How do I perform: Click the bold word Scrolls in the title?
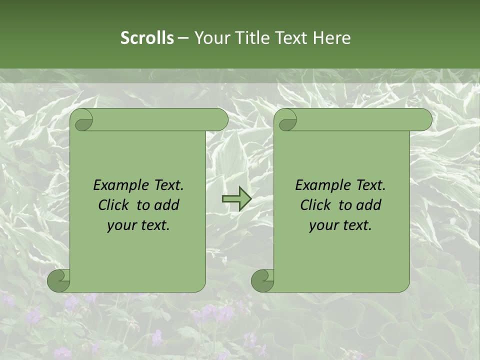click(147, 38)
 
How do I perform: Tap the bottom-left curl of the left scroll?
click(58, 281)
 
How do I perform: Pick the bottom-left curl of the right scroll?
click(262, 281)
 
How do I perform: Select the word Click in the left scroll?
click(113, 205)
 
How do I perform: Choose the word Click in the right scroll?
click(315, 205)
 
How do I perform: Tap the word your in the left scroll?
click(121, 225)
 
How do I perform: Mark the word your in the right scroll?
click(323, 225)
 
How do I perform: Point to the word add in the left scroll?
click(167, 205)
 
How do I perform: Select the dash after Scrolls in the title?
click(183, 38)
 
